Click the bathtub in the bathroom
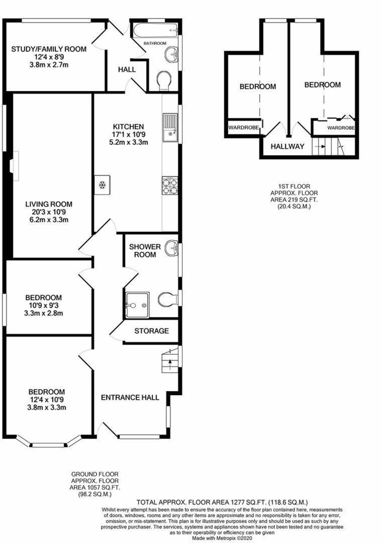155,30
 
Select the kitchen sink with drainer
170,128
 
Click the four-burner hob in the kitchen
170,186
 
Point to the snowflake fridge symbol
102,185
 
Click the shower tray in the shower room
137,305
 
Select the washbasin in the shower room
172,248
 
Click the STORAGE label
152,331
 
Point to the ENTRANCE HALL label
130,397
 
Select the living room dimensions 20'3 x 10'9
49,212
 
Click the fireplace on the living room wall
14,166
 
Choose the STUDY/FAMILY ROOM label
49,49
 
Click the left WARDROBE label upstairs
244,127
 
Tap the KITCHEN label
129,127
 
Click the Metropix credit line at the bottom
222,538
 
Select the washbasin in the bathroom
172,54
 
